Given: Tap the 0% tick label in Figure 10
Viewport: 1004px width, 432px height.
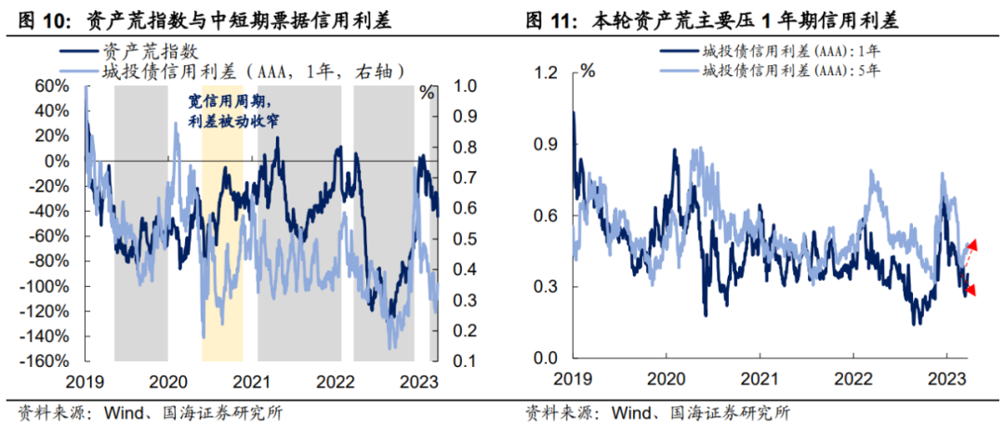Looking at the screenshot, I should click(59, 161).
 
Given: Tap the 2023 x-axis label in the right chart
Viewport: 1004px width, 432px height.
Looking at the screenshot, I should click(946, 379).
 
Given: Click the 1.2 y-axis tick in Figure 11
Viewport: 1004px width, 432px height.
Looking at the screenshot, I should click(548, 73).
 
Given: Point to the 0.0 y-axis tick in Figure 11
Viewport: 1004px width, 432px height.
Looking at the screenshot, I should click(548, 359).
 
